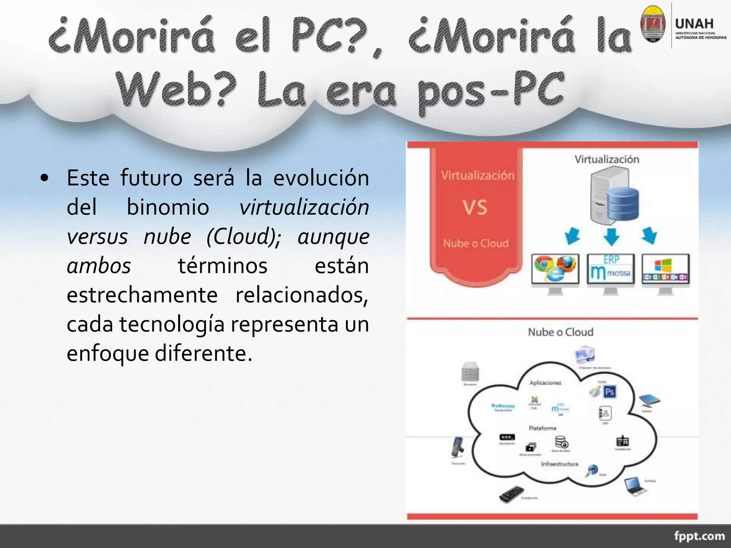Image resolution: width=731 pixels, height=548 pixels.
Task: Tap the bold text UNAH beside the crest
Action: pos(694,24)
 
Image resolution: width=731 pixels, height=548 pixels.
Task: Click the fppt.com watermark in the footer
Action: pos(699,536)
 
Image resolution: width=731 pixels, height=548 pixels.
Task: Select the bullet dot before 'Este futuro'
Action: pos(44,178)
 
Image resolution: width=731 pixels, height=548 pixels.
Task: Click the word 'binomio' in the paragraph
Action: pos(168,207)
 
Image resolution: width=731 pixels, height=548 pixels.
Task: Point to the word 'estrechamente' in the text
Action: pos(142,295)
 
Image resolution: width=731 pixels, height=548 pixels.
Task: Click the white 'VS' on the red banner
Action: pos(475,207)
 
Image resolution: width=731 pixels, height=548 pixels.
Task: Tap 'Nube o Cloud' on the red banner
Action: pos(476,243)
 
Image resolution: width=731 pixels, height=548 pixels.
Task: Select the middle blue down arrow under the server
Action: pos(611,237)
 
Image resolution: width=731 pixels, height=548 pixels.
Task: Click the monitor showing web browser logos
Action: pos(555,271)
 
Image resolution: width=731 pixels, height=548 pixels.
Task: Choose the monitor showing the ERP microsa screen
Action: pos(611,271)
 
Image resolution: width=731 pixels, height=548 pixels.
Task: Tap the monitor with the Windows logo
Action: pos(665,271)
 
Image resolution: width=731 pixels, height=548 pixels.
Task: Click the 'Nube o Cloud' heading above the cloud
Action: pos(560,332)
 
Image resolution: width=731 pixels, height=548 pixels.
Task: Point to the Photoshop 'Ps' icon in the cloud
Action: pos(609,392)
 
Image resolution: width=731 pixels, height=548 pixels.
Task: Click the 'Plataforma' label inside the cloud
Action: pos(543,428)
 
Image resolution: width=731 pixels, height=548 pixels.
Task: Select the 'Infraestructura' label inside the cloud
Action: pos(559,464)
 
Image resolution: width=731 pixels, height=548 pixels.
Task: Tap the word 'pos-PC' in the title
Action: pos(491,89)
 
